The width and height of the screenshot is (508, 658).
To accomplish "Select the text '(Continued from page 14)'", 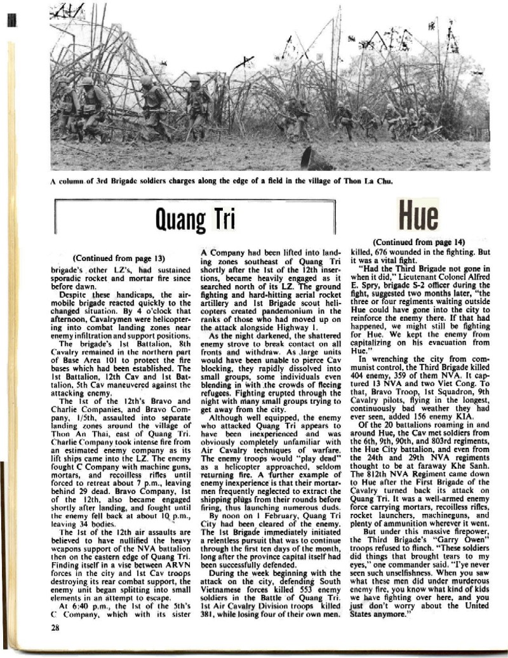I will pyautogui.click(x=418, y=242).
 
